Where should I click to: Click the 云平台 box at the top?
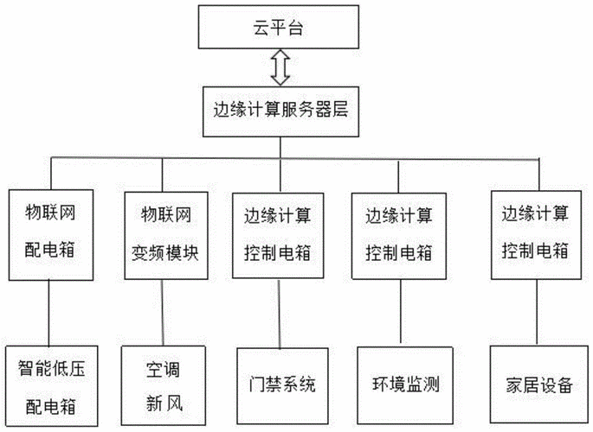(x=278, y=28)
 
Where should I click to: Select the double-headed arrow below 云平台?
(x=279, y=68)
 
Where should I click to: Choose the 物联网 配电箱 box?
(x=50, y=232)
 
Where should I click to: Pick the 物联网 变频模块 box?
(x=164, y=232)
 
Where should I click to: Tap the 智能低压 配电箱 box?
(x=51, y=381)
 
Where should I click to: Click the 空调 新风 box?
(x=164, y=381)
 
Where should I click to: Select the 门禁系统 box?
(x=278, y=381)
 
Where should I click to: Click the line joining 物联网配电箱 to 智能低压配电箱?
(x=49, y=312)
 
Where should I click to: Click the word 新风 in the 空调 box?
(x=164, y=403)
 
